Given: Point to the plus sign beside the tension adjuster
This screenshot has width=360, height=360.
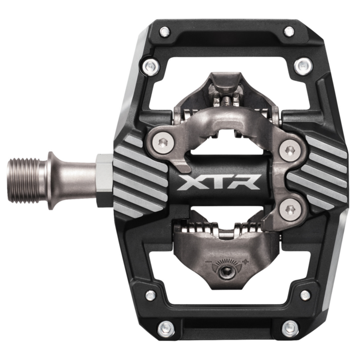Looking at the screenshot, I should [x=245, y=262].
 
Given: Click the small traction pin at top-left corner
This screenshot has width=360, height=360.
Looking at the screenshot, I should [x=165, y=32].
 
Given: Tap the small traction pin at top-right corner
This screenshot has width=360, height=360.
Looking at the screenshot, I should [x=289, y=31].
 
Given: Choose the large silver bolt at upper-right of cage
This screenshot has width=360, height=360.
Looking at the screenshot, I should [x=303, y=66].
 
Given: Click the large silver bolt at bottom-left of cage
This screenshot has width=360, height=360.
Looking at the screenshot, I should [x=166, y=328].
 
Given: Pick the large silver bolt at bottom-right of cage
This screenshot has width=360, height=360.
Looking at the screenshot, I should [x=290, y=328].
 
